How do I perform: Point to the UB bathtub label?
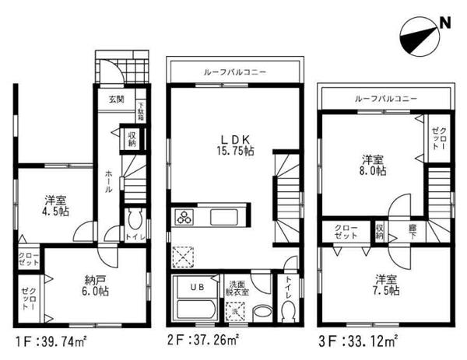click(196, 287)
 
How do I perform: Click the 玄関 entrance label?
click(116, 99)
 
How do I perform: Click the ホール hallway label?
click(107, 179)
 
